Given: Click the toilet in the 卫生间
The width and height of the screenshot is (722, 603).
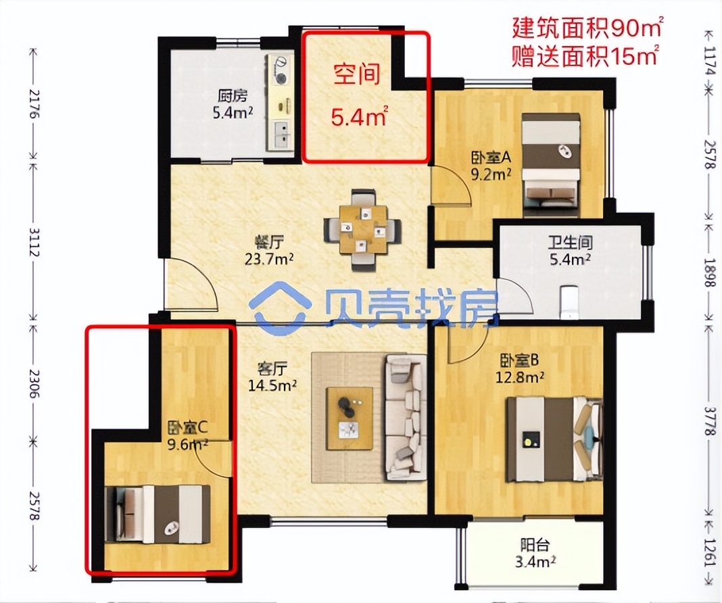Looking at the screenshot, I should [x=569, y=301].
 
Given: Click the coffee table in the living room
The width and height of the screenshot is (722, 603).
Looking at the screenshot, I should [x=350, y=418].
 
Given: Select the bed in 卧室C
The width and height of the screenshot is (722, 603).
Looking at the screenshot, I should [x=158, y=514].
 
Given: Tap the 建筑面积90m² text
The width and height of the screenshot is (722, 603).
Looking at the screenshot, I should [x=587, y=29].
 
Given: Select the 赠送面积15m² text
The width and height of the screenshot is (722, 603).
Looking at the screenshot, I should [x=586, y=55].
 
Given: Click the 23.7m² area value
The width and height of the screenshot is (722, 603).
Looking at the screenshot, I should [x=273, y=258].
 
